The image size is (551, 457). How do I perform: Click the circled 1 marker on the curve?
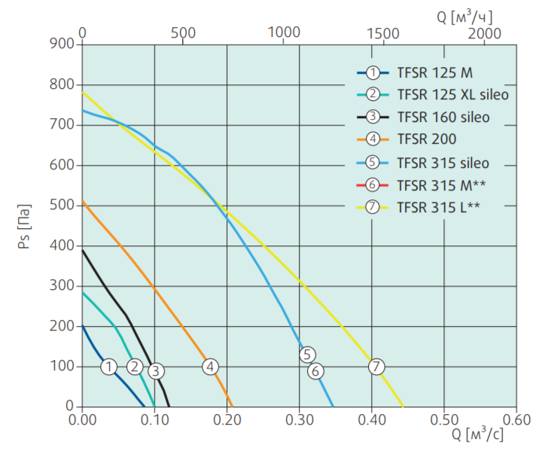109,367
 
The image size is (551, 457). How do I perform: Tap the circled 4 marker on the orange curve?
210,367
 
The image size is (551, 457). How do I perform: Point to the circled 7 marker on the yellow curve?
376,367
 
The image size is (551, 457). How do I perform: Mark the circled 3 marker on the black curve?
155,370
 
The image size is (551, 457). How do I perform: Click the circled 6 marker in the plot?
315,370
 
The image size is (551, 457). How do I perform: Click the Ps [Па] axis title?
24,226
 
